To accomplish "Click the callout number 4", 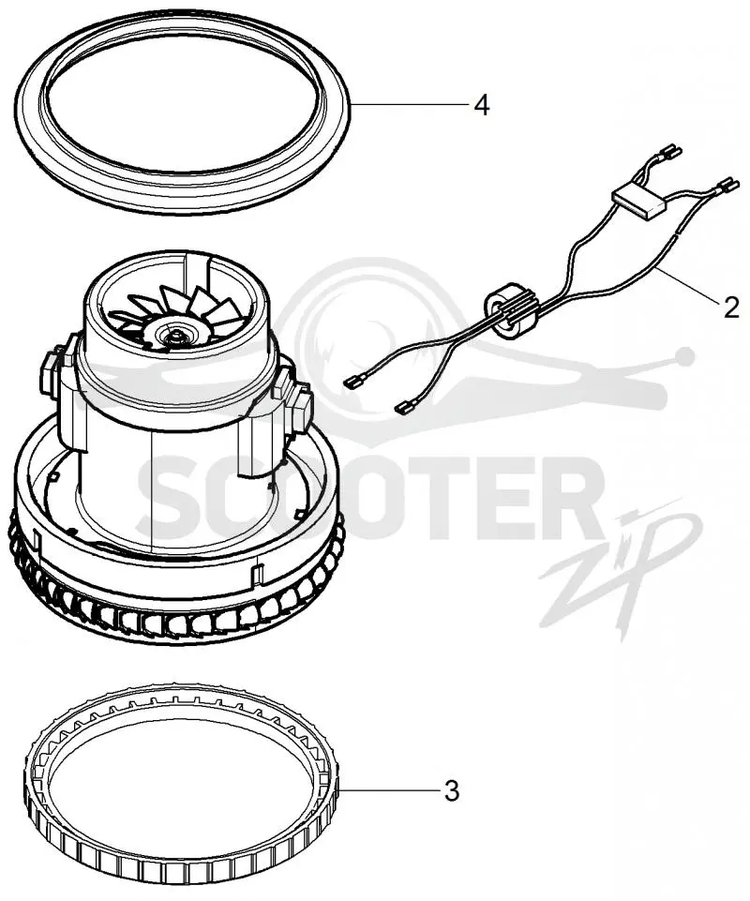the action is pyautogui.click(x=482, y=105).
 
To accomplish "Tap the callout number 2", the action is pyautogui.click(x=730, y=308).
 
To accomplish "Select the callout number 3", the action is pyautogui.click(x=452, y=791).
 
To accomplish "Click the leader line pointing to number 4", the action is pyautogui.click(x=409, y=104).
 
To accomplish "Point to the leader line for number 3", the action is pyautogui.click(x=390, y=790).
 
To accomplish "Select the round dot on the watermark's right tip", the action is pyautogui.click(x=684, y=358).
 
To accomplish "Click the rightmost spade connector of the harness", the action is pyautogui.click(x=726, y=185).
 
